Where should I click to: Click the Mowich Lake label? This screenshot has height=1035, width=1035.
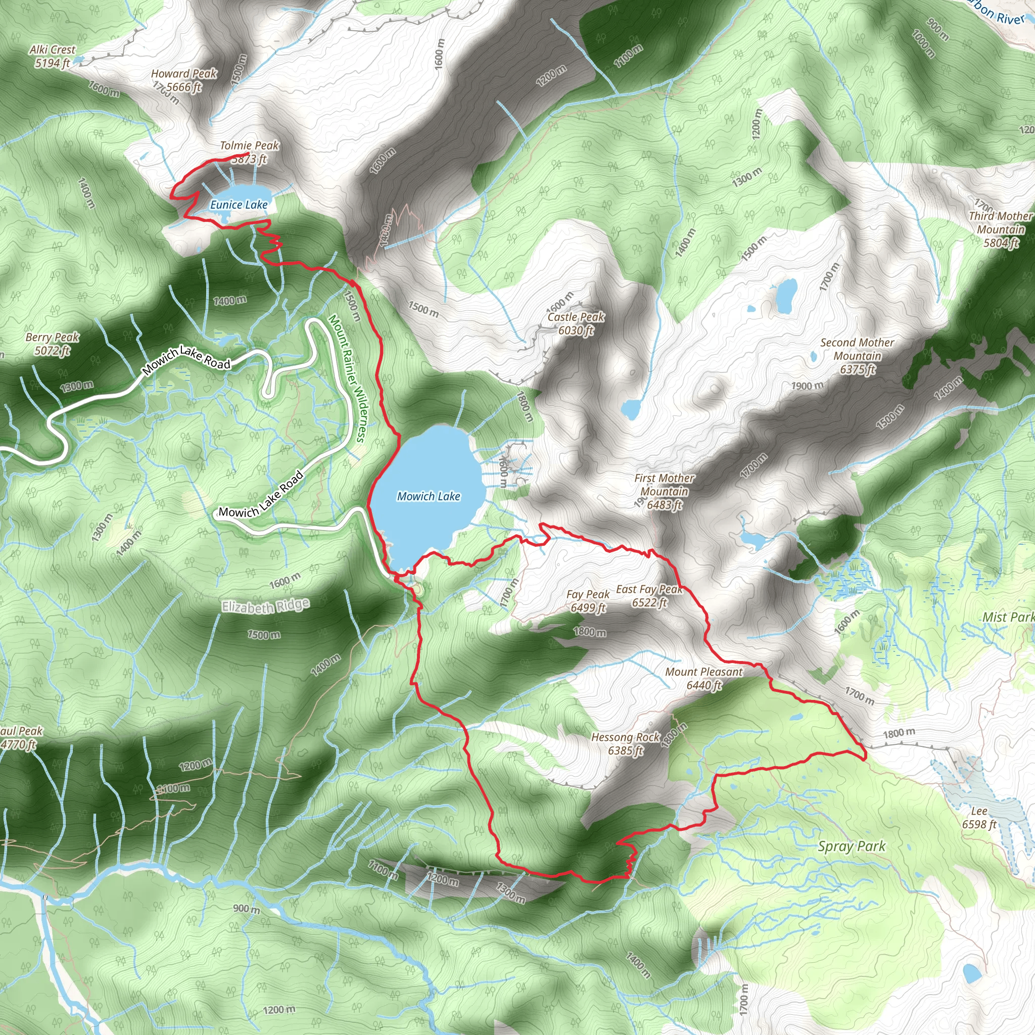click(428, 497)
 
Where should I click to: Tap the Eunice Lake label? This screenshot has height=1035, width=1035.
click(239, 205)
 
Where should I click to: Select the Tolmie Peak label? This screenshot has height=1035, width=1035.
click(250, 146)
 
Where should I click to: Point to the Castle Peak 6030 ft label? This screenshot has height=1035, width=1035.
click(576, 323)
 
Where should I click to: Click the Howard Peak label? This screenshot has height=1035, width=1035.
click(184, 74)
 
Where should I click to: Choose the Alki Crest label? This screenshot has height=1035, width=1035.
click(53, 50)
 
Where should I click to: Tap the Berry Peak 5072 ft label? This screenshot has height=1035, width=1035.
click(53, 343)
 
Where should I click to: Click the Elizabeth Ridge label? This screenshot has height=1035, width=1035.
click(266, 606)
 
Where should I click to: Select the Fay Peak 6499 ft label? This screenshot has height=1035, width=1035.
click(588, 600)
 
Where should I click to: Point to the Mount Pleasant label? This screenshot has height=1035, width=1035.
click(704, 672)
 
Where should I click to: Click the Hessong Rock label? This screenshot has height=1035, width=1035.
click(625, 738)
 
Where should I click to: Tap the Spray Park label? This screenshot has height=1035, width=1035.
click(851, 846)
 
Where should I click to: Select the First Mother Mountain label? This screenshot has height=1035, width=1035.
click(664, 491)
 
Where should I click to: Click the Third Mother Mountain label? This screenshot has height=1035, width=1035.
click(1000, 223)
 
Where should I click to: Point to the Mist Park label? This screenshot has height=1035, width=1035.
click(1007, 617)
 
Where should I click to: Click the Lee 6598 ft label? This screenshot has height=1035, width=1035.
click(979, 818)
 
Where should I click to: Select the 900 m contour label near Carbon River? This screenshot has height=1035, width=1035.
click(937, 30)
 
